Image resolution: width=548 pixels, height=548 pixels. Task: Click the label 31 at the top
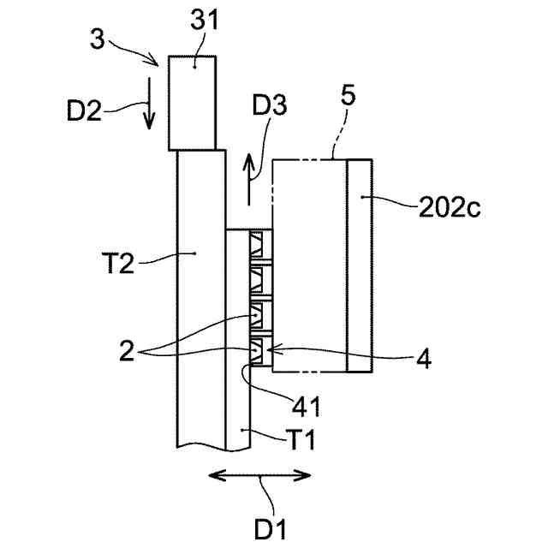click(x=204, y=21)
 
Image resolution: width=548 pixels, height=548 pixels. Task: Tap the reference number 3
click(x=97, y=39)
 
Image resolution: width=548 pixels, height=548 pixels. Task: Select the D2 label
click(x=84, y=110)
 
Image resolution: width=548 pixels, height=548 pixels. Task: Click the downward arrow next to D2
click(x=149, y=104)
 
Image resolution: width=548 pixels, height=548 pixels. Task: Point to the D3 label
click(x=270, y=106)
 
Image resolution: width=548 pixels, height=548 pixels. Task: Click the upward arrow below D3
click(x=249, y=179)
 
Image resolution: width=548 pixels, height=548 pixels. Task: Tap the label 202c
click(x=450, y=207)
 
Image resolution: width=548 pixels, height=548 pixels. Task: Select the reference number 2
click(x=127, y=351)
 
